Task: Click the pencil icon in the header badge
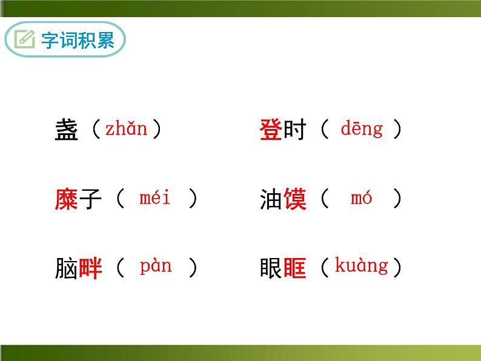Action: [x=25, y=41]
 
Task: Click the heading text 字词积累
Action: [x=78, y=41]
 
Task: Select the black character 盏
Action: [x=66, y=131]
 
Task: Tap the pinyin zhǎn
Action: [x=127, y=129]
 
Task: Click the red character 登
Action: [x=271, y=131]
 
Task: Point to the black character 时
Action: [x=294, y=131]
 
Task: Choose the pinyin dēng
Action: [x=362, y=129]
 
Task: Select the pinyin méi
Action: [x=155, y=198]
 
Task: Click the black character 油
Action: [x=271, y=200]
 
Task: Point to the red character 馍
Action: [x=295, y=200]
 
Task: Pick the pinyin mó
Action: [x=361, y=198]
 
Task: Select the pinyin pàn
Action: [x=156, y=267]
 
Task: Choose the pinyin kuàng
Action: [x=361, y=267]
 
